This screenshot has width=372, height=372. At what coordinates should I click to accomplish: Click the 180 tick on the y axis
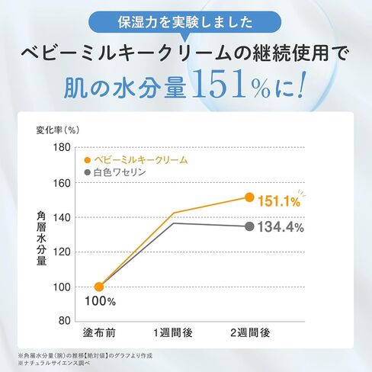click(62, 147)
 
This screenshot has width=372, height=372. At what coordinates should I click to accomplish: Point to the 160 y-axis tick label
click(62, 183)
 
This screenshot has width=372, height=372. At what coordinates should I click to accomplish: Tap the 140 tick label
click(62, 218)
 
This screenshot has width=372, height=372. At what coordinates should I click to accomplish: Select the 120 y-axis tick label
click(62, 252)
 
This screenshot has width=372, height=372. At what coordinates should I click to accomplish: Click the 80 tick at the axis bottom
click(65, 321)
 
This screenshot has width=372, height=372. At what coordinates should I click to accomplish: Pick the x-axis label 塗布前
click(99, 332)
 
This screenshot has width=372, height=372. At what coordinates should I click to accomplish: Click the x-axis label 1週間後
click(173, 332)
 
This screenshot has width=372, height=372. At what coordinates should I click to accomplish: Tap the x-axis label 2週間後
click(250, 332)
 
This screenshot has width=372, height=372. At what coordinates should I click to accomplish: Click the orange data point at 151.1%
click(249, 197)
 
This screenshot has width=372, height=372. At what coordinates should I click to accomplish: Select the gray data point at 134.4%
click(249, 226)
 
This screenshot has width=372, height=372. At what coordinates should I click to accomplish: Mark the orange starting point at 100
click(99, 287)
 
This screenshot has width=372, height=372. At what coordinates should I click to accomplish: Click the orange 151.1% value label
click(279, 202)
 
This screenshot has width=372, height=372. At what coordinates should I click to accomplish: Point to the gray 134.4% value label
click(281, 227)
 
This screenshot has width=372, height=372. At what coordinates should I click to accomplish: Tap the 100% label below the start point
click(100, 301)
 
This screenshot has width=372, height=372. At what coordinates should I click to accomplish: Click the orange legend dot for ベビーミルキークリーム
click(88, 160)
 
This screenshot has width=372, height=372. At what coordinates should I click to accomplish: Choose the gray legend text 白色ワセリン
click(120, 172)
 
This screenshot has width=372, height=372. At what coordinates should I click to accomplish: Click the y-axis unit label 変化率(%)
click(58, 130)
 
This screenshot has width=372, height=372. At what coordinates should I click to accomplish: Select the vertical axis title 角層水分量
click(41, 239)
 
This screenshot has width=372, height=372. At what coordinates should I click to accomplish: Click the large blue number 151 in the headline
click(219, 85)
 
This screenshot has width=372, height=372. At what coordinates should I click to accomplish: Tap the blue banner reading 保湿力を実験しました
click(184, 22)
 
